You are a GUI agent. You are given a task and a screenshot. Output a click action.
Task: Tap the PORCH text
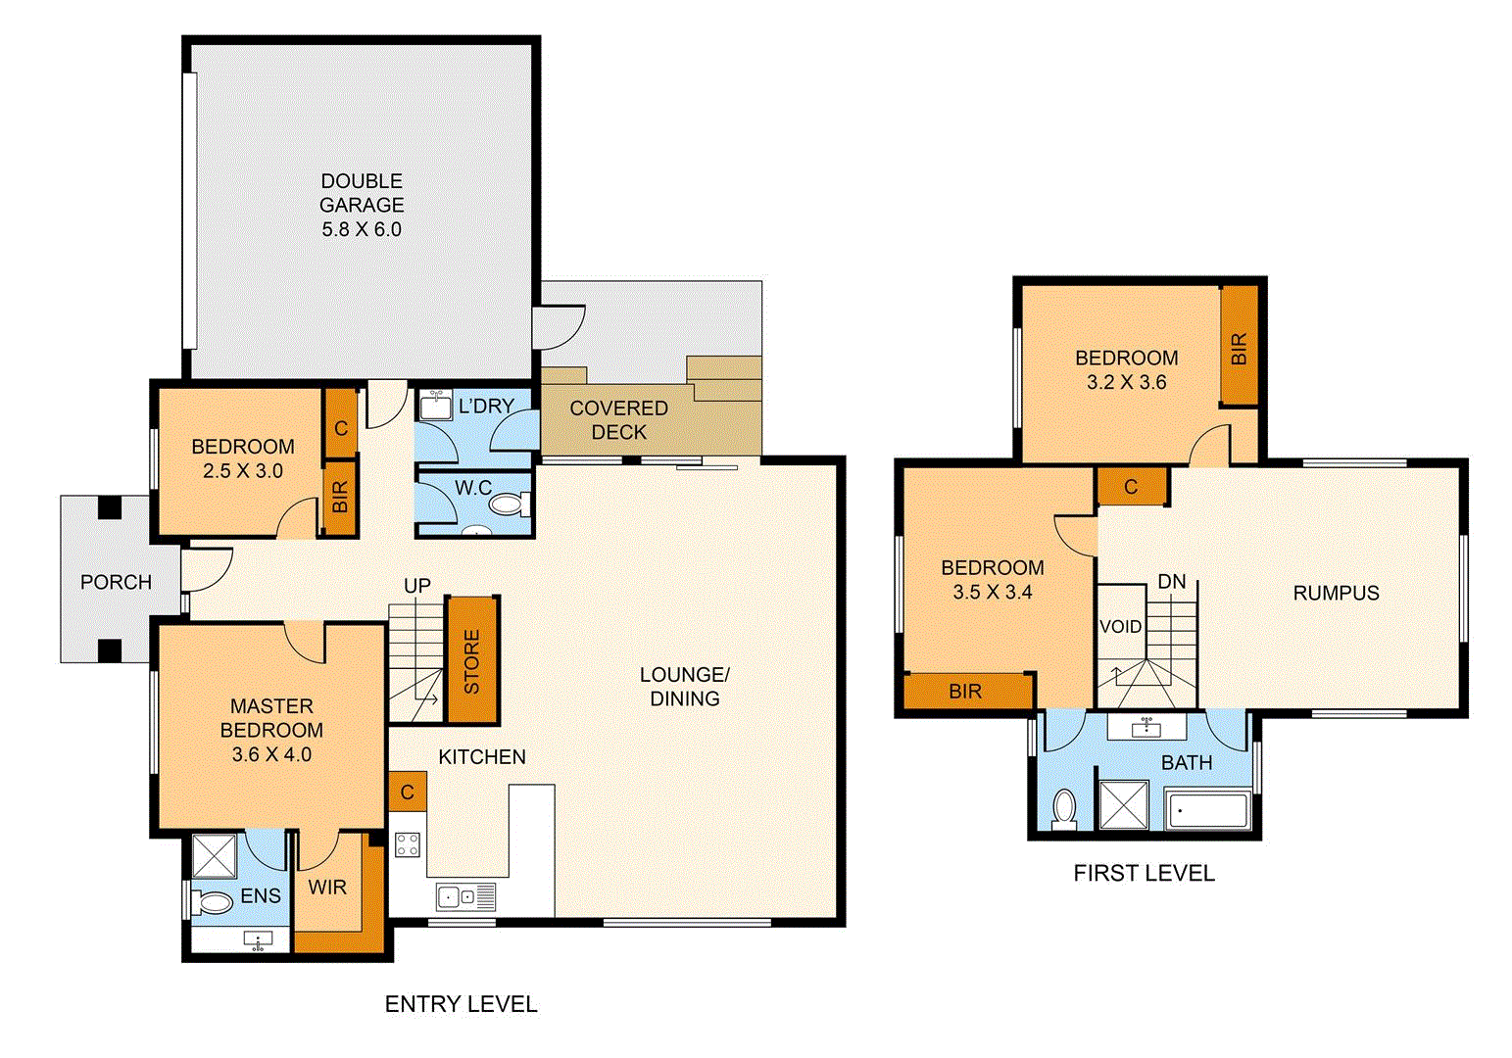[116, 582]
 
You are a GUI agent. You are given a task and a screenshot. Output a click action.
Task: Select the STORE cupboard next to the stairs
[471, 661]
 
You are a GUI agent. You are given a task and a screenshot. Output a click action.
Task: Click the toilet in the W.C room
[506, 505]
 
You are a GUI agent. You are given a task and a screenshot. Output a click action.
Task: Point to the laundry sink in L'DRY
[436, 405]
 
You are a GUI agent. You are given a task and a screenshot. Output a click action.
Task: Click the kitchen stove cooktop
[408, 844]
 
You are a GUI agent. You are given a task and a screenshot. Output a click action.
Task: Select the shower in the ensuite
[215, 856]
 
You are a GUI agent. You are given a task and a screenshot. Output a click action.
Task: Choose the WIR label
[327, 888]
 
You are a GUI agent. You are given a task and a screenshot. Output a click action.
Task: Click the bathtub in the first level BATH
[1207, 811]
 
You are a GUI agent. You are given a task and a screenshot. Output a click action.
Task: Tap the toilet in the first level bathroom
[1064, 809]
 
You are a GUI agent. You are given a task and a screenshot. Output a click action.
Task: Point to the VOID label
[1120, 627]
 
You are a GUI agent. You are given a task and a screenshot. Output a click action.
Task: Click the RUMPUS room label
[1336, 593]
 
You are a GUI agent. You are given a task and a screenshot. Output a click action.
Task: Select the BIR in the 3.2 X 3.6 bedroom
[1239, 347]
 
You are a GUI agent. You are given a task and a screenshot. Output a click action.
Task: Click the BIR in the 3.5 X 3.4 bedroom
[965, 692]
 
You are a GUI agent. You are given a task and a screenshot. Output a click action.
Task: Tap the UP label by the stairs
[417, 586]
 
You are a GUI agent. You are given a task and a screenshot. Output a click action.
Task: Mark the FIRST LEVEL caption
[1144, 873]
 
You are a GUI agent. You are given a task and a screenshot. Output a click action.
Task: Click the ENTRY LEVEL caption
[461, 1004]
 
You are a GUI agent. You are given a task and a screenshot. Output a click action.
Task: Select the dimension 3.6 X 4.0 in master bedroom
[271, 754]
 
